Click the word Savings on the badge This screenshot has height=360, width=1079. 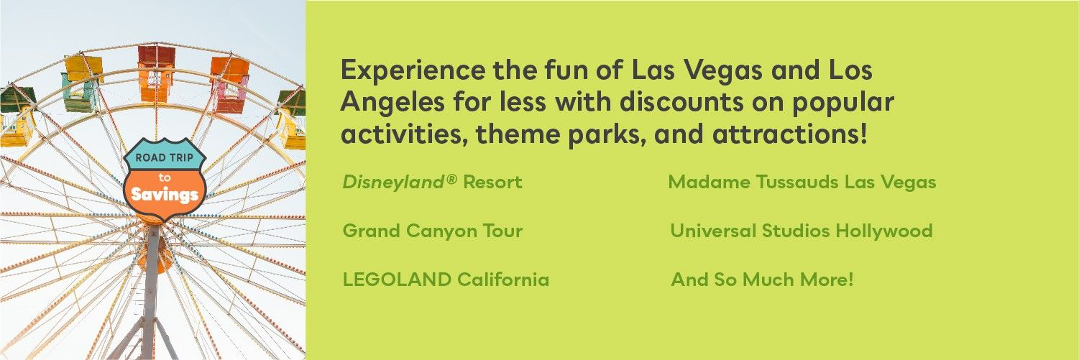tap(165, 195)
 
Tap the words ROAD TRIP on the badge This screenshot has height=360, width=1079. tap(165, 157)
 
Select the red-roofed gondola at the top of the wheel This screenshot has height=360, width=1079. tap(155, 73)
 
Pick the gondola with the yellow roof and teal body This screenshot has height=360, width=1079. tap(83, 83)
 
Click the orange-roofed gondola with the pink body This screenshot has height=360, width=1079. tap(230, 85)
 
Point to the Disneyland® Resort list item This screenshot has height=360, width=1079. tap(432, 182)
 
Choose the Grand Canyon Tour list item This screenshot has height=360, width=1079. tap(432, 231)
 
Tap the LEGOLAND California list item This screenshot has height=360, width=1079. tap(446, 280)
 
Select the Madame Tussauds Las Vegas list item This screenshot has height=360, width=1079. tap(802, 182)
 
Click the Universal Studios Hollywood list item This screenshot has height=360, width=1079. tap(801, 231)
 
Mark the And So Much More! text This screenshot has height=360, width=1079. tap(762, 280)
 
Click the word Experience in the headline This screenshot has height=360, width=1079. tap(413, 70)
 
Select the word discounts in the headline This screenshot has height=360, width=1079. tap(681, 102)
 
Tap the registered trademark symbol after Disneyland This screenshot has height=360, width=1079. tap(451, 179)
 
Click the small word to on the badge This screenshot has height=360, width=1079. tap(165, 177)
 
